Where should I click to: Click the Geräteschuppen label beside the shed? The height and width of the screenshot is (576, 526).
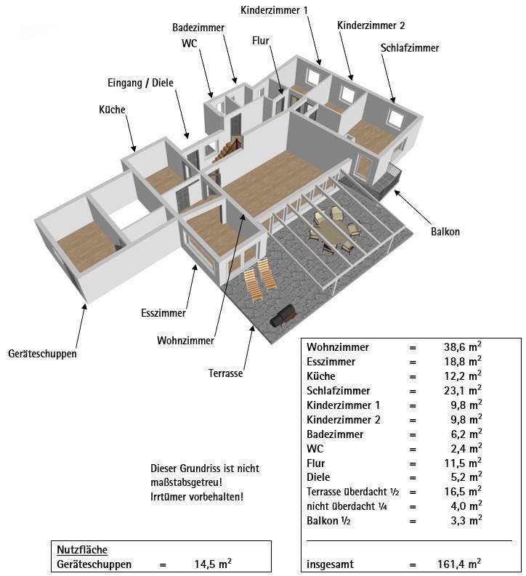click(42, 354)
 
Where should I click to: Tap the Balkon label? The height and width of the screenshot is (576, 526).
click(445, 232)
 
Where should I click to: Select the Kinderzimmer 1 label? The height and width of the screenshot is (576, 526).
click(275, 9)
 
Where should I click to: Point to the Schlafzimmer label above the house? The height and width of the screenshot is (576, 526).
click(409, 48)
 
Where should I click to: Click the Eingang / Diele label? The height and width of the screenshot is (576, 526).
click(141, 83)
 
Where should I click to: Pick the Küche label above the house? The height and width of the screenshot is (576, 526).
click(113, 110)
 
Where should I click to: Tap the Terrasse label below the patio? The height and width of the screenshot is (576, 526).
click(226, 373)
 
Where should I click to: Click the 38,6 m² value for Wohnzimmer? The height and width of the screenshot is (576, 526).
click(462, 347)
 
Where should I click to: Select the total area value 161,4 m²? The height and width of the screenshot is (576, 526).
click(462, 563)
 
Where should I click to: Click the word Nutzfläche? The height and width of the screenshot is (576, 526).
click(81, 550)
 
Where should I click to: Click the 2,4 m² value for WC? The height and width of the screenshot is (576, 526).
click(465, 449)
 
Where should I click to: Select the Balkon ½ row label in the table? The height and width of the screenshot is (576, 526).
click(329, 521)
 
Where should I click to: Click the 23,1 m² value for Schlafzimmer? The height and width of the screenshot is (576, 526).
click(462, 391)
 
